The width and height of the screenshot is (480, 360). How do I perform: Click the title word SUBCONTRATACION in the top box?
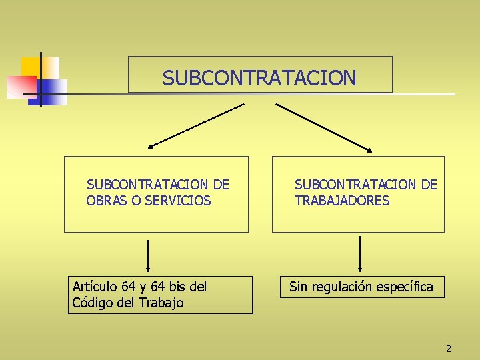(259, 78)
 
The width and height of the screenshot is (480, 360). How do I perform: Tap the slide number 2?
(449, 349)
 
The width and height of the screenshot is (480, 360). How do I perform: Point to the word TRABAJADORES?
(342, 200)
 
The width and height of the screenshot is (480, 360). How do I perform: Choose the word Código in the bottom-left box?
(91, 303)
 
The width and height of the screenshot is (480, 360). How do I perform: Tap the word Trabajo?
(161, 303)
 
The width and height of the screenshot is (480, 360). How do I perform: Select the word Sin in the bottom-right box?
(298, 287)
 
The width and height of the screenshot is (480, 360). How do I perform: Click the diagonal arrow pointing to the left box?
(196, 125)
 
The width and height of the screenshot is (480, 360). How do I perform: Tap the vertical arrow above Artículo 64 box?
(148, 257)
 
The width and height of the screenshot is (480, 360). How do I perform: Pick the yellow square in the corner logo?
(31, 67)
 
